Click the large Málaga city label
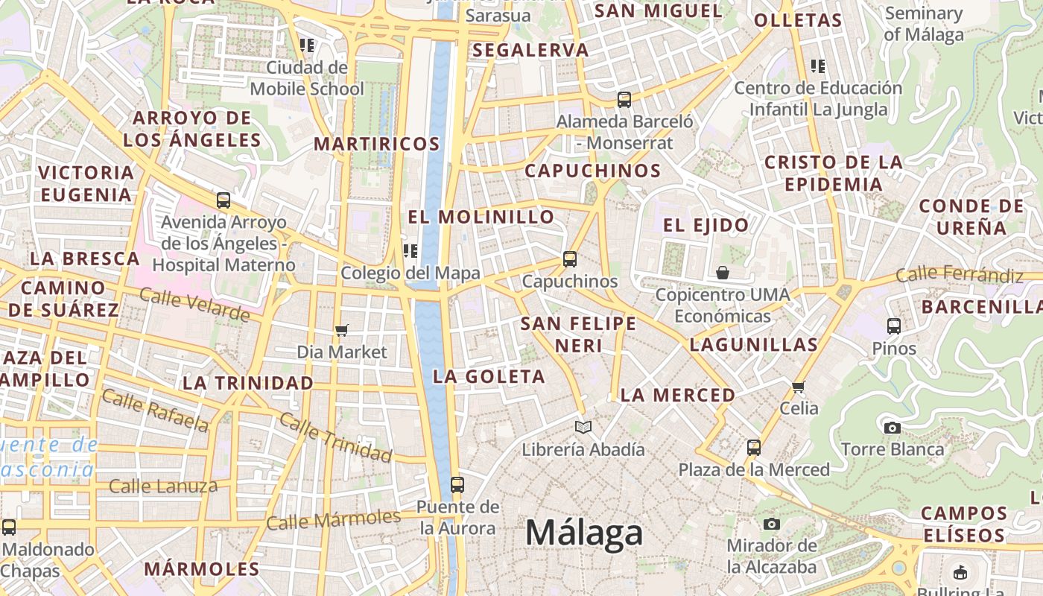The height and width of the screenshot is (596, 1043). [584, 533]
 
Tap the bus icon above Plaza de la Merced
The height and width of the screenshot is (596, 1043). [754, 448]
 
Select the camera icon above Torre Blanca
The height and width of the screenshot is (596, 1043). [892, 428]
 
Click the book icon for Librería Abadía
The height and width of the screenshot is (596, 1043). [583, 427]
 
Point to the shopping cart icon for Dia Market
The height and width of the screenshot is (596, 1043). [342, 330]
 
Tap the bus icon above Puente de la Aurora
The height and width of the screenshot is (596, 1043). [457, 485]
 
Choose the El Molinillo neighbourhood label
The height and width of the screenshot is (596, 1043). [481, 217]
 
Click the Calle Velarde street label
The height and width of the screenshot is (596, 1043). [194, 305]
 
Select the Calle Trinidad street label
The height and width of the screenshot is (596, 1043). [335, 437]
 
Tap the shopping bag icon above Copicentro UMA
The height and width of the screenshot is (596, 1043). [722, 273]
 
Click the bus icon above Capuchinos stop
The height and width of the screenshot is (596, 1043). [570, 259]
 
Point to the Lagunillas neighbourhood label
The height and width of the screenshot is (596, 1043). [754, 344]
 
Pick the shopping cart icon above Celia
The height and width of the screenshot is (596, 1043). [799, 387]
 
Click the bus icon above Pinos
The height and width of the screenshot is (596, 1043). [894, 326]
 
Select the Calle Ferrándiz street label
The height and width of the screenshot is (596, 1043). [960, 275]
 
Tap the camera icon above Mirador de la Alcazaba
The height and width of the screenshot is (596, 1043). [772, 524]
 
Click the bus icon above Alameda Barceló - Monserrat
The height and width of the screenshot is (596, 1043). [624, 99]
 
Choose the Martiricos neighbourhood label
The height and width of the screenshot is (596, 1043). [377, 144]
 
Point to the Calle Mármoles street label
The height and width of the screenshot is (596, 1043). [333, 519]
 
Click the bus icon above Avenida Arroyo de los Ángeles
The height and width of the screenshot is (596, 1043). [223, 200]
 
